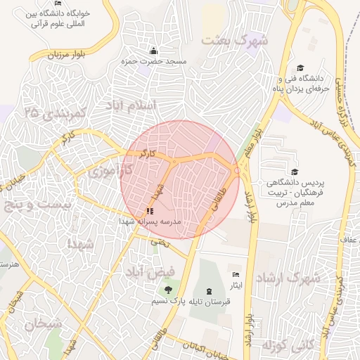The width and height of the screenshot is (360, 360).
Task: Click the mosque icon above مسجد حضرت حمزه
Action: (154, 51)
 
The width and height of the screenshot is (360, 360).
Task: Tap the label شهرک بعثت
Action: (235, 40)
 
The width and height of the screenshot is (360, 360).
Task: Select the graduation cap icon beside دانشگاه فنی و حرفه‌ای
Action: (300, 68)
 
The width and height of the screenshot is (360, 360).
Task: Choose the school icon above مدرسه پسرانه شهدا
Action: (149, 210)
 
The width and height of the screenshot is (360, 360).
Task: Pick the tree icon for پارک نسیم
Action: (167, 290)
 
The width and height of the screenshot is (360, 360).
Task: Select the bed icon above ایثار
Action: (236, 274)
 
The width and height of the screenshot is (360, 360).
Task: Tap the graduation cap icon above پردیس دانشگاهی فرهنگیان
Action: (295, 172)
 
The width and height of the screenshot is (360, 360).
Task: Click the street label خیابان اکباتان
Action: (205, 345)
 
